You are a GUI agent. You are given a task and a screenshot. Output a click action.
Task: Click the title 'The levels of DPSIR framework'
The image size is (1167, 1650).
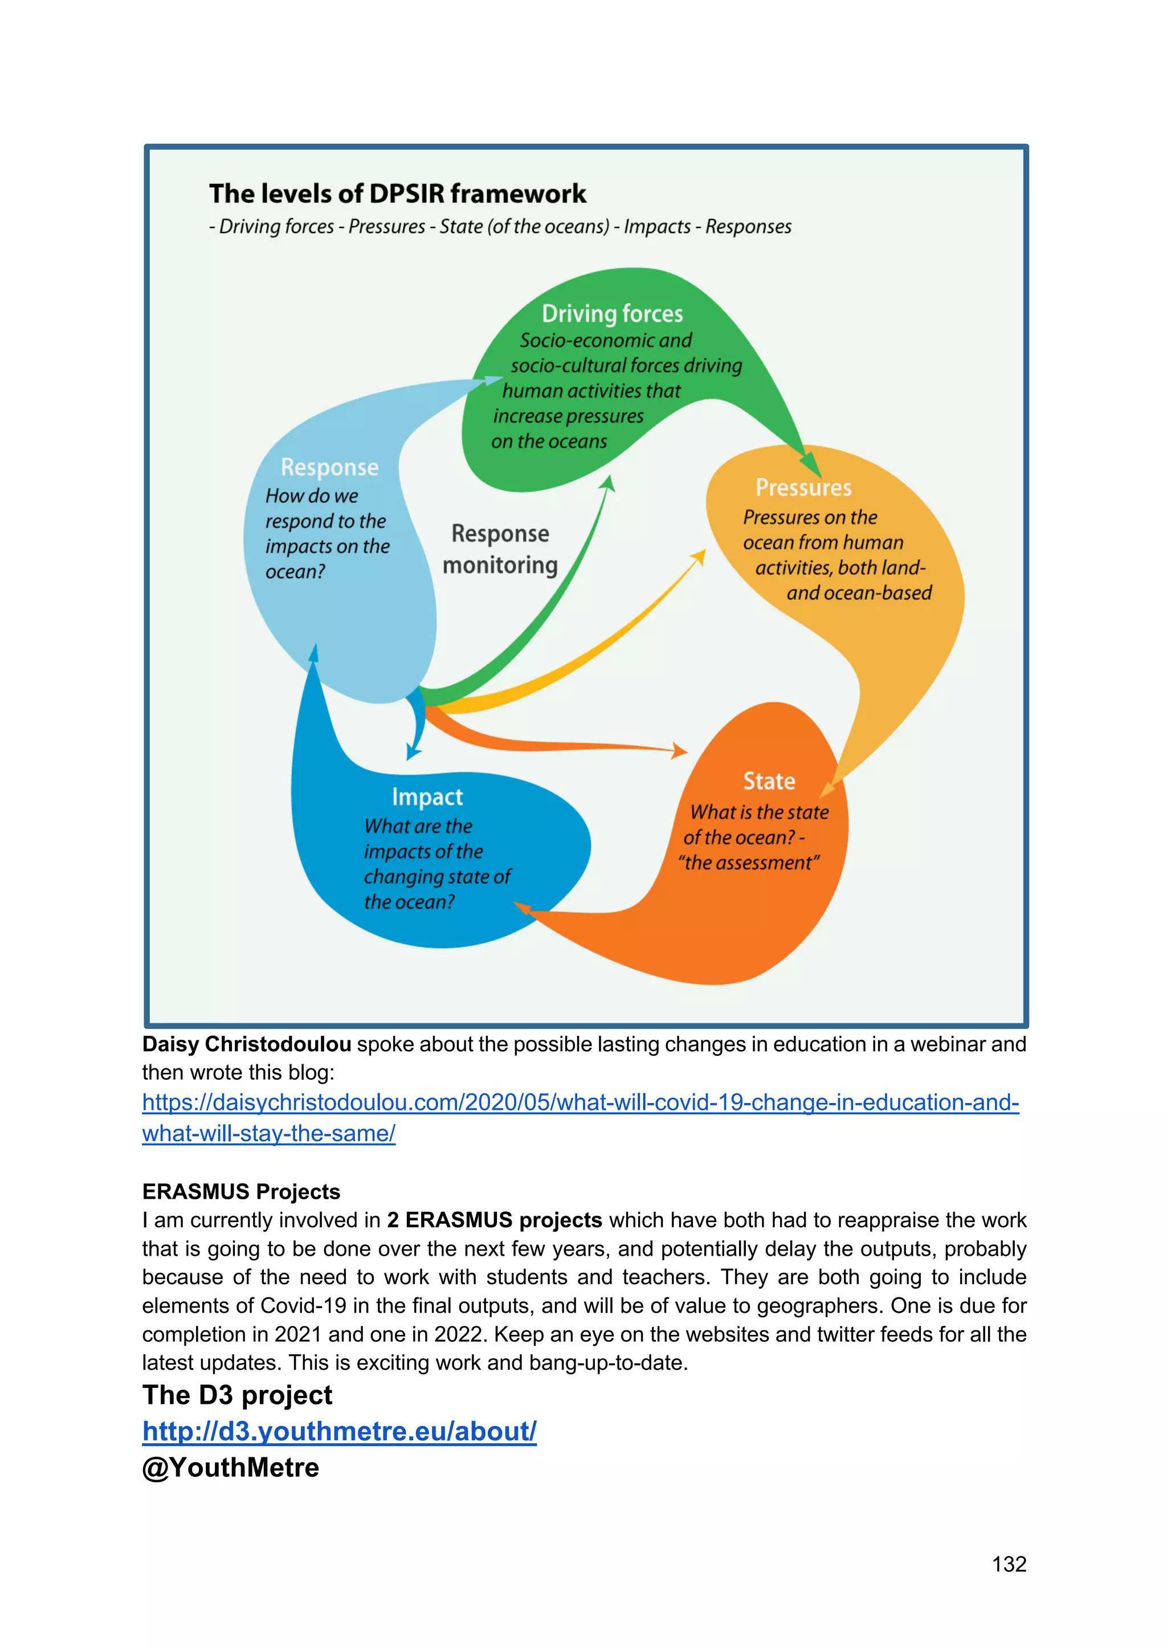pos(397,194)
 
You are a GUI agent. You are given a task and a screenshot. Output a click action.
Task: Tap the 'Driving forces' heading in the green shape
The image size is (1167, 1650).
pos(612,314)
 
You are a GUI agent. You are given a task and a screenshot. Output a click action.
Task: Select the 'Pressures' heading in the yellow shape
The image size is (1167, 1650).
pos(803,488)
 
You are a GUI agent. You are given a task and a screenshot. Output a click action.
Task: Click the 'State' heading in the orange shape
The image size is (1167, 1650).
pos(769,781)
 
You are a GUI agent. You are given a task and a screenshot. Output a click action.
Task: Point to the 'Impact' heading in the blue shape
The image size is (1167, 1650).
pos(427,797)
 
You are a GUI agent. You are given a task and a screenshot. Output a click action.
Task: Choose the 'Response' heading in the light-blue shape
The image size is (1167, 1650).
pos(329,467)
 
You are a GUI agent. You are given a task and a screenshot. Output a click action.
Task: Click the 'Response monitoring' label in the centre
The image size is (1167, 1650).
pos(500,549)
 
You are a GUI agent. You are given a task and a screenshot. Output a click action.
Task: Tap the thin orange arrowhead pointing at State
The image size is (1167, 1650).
pos(679,752)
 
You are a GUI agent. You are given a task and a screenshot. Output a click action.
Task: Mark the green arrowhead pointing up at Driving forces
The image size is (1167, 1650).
pos(608,483)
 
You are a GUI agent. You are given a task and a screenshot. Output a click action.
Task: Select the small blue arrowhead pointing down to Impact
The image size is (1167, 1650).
pos(413,753)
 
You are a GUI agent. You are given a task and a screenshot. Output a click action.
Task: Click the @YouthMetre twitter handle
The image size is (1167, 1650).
pos(231,1468)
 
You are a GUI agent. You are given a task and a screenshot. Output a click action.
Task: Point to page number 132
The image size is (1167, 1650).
pos(1009,1564)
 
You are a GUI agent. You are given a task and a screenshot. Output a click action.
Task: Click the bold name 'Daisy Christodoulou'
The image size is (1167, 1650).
pos(247,1044)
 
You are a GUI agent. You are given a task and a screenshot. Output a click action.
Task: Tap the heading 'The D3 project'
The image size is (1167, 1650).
pos(237,1395)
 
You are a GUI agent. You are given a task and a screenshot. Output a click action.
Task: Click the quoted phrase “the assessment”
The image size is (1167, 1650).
pos(749,863)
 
